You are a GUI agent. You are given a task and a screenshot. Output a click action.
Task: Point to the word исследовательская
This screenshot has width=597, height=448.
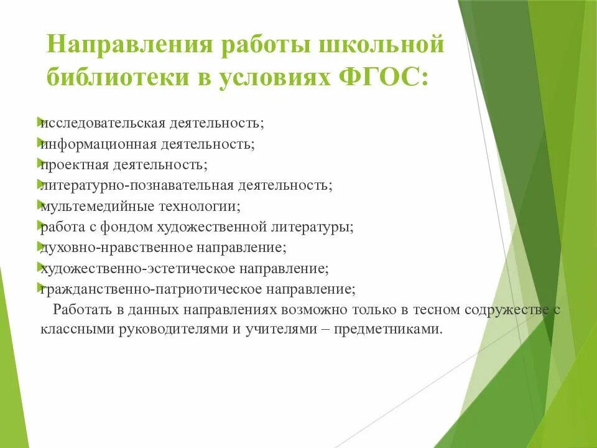click(x=103, y=122)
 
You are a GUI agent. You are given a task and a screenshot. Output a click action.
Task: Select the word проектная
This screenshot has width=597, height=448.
click(x=73, y=164)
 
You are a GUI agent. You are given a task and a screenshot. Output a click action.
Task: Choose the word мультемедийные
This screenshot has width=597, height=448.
click(x=90, y=205)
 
